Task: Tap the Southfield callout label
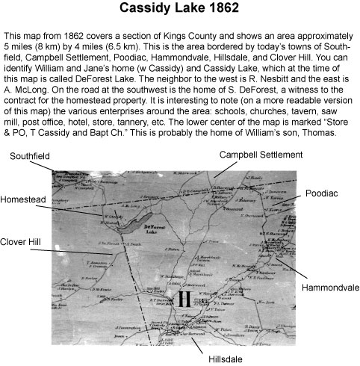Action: pyautogui.click(x=31, y=156)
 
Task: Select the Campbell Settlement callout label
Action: pyautogui.click(x=260, y=154)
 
